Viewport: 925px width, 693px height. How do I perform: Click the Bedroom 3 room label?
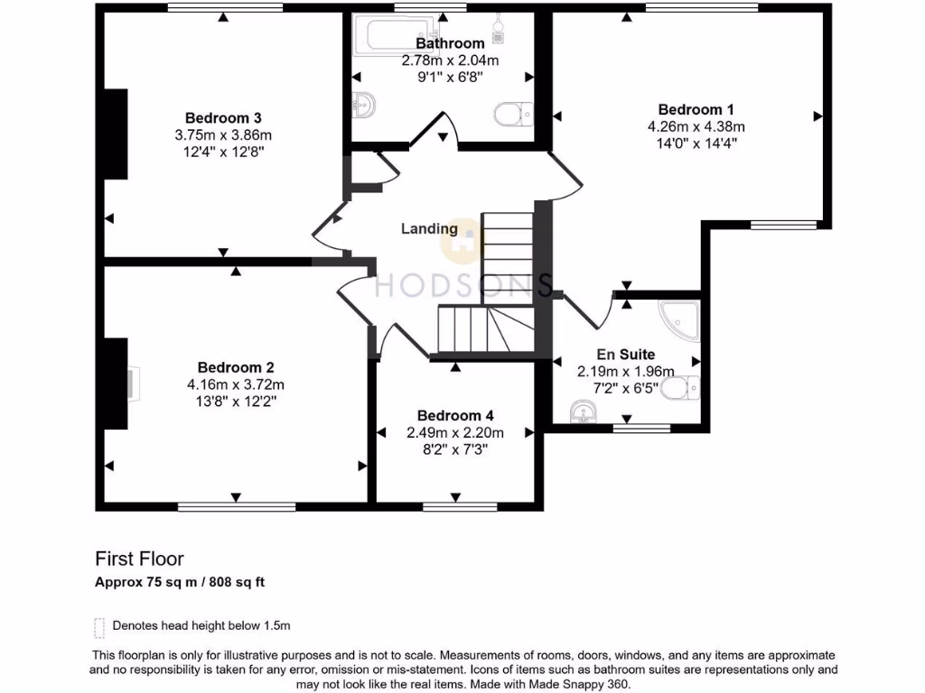tap(223, 118)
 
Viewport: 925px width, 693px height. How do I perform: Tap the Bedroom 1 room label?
tap(696, 109)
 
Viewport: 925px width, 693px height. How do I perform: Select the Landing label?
tap(429, 228)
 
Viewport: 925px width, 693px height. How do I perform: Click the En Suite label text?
tap(625, 354)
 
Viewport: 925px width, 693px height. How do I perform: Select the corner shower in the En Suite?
tap(680, 321)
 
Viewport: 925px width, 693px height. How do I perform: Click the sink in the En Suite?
tap(584, 411)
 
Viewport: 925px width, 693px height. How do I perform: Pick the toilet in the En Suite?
tap(680, 388)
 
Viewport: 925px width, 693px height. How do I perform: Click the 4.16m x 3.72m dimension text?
tap(236, 384)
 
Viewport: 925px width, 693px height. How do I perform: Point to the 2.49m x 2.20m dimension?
tap(455, 433)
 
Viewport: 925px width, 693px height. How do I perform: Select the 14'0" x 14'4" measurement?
tap(696, 143)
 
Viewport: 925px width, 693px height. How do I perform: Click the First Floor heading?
tap(139, 559)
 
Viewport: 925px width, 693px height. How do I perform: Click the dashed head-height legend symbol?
tap(99, 628)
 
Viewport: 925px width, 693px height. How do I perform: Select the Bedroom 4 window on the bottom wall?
tap(460, 506)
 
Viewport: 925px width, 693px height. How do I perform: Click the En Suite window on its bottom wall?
tap(642, 429)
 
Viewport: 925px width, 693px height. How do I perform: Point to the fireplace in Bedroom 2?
tap(134, 384)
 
